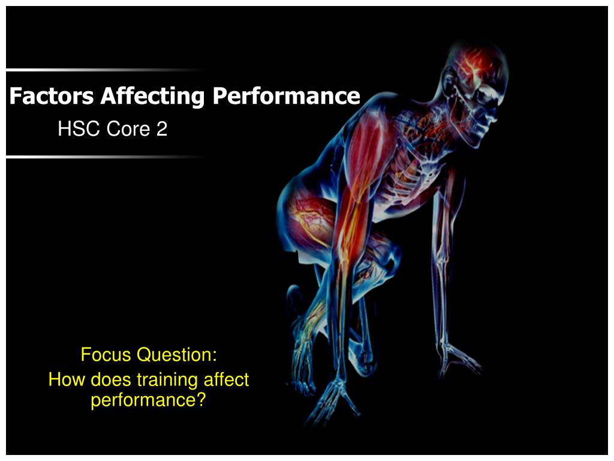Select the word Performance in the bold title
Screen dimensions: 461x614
[x=286, y=96]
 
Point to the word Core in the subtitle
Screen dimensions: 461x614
[x=125, y=128]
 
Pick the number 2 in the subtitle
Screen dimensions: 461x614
[x=162, y=128]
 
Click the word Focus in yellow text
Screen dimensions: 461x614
[x=106, y=355]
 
